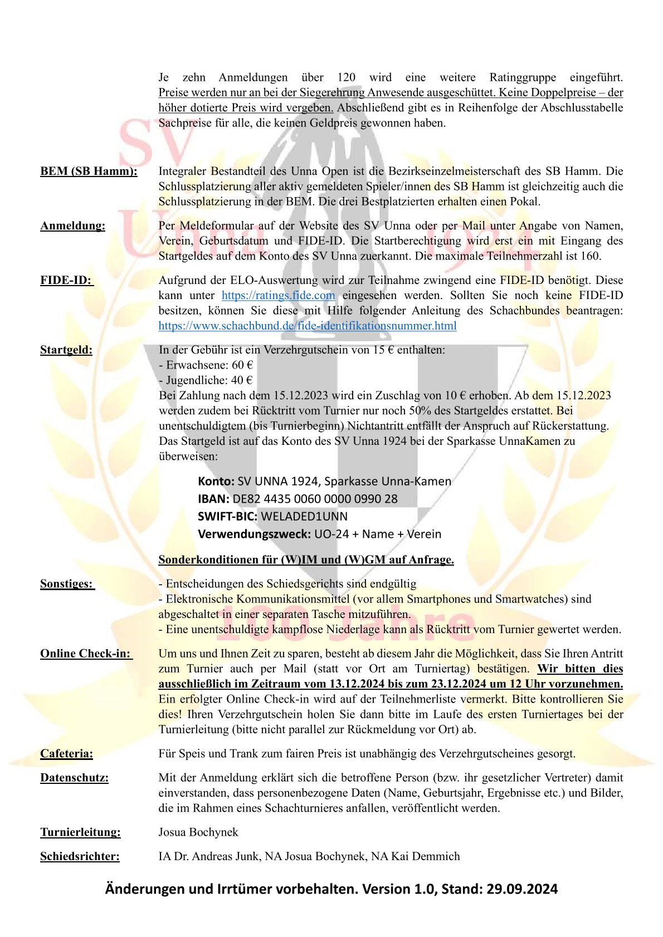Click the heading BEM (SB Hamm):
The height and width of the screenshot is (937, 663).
click(89, 171)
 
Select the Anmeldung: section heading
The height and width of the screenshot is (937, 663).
click(72, 225)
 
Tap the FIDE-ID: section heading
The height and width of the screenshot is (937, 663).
click(66, 280)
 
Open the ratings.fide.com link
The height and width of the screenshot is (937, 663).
click(278, 295)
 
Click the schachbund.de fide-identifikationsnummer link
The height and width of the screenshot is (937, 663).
click(307, 326)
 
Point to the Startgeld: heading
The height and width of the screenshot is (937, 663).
click(66, 350)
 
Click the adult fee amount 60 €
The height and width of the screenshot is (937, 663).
click(242, 365)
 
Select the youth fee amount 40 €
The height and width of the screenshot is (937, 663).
click(242, 380)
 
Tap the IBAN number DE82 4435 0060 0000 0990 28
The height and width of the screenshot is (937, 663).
click(315, 499)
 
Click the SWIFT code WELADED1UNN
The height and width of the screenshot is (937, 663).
click(304, 517)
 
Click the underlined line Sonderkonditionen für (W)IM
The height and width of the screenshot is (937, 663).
click(306, 560)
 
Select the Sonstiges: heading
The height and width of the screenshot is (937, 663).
click(67, 583)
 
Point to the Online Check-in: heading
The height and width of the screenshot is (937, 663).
click(86, 653)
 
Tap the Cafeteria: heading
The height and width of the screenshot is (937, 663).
click(66, 753)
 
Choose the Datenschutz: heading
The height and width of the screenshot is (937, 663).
click(74, 777)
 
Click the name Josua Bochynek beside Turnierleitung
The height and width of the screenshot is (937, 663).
click(198, 832)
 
